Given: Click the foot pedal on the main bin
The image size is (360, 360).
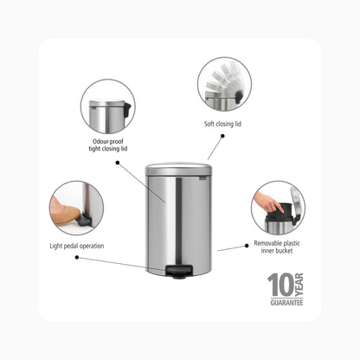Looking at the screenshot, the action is pyautogui.click(x=179, y=272).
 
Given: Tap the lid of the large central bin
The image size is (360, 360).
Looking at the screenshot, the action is pyautogui.click(x=178, y=169).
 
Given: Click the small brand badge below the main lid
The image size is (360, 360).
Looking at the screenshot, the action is pyautogui.click(x=203, y=179).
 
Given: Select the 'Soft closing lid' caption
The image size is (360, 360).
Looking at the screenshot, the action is pyautogui.click(x=222, y=124).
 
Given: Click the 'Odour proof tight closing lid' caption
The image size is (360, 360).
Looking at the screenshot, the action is pyautogui.click(x=108, y=145).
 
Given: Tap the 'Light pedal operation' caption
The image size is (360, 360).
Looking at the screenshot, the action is pyautogui.click(x=77, y=246).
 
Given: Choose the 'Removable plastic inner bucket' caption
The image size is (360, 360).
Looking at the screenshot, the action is pyautogui.click(x=277, y=247).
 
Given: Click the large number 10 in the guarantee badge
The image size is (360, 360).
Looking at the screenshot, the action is pyautogui.click(x=280, y=285).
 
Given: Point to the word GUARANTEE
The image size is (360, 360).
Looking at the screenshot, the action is pyautogui.click(x=286, y=303).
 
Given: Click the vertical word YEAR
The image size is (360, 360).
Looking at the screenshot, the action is pyautogui.click(x=299, y=285).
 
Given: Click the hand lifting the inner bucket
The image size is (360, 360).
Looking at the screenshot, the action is pyautogui.click(x=268, y=202).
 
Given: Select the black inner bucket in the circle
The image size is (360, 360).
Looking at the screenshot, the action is pyautogui.click(x=279, y=212).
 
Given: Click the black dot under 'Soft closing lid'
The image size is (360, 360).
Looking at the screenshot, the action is pyautogui.click(x=222, y=136).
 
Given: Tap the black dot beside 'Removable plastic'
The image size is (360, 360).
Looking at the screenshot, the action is pyautogui.click(x=247, y=246).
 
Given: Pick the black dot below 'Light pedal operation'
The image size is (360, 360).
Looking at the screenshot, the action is pyautogui.click(x=77, y=257).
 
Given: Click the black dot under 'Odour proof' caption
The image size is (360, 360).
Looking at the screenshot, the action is pyautogui.click(x=118, y=163).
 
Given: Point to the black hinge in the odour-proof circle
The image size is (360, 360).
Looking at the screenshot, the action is pyautogui.click(x=127, y=110).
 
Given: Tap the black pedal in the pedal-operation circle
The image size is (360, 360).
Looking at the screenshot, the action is pyautogui.click(x=85, y=220).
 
